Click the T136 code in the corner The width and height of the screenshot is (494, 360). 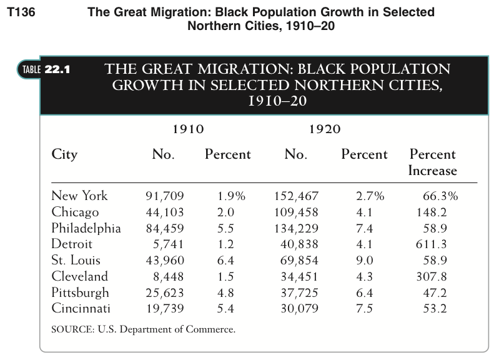coord(21,12)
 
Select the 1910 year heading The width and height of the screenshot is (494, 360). coord(189,129)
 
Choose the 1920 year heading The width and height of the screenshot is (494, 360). coord(325,129)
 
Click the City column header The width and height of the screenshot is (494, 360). coord(64,154)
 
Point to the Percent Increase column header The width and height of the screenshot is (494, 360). coord(433,162)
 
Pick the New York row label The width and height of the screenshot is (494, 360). coord(79,196)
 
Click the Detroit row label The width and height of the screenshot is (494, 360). coord(72,244)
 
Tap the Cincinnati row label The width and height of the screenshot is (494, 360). coord(81,308)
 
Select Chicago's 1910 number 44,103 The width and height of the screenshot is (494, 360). coord(165,212)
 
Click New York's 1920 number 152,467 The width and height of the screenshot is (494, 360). coord(297,196)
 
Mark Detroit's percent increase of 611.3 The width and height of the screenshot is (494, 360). coord(432,244)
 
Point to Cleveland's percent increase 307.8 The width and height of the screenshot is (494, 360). coord(432,276)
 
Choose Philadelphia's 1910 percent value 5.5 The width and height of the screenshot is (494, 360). coord(225,228)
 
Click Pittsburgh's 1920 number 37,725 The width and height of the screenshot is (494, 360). coord(299,293)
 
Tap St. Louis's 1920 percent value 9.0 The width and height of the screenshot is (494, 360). coord(365,261)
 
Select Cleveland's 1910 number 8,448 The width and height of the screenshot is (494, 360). coord(168,277)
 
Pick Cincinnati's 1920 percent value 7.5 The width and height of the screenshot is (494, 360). coord(365,308)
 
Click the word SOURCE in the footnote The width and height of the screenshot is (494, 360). coord(73,329)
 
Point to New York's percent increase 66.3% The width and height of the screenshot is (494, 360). coord(440,196)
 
